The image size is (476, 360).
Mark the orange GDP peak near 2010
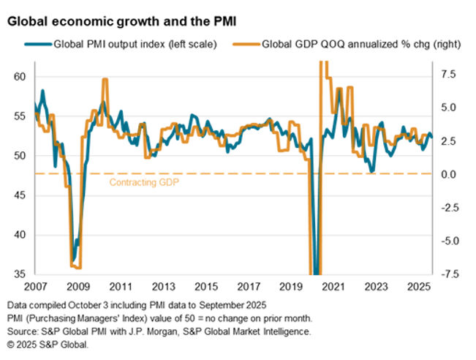pyautogui.click(x=105, y=80)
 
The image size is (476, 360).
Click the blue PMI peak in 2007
pyautogui.click(x=42, y=91)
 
